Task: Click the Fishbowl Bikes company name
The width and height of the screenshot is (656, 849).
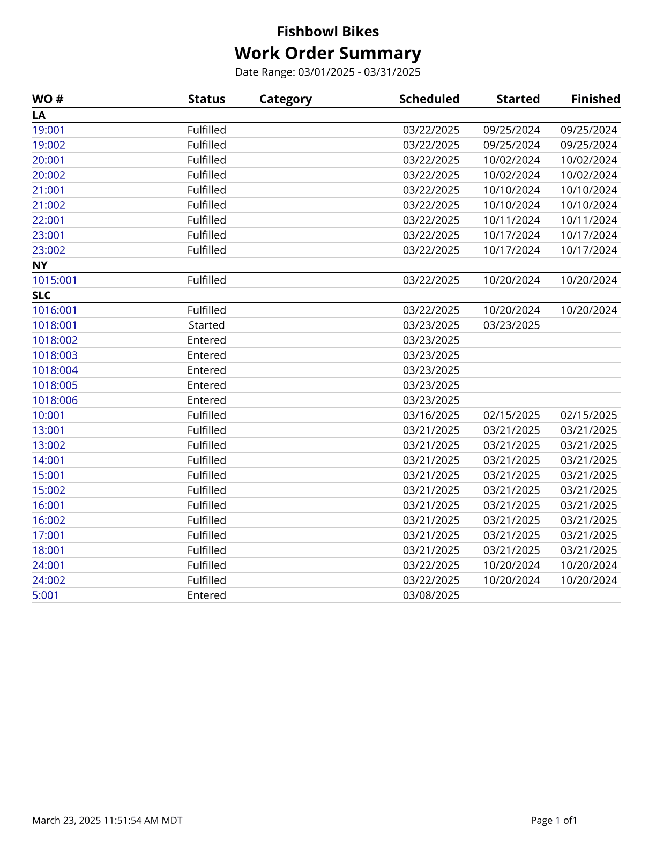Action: coord(327,32)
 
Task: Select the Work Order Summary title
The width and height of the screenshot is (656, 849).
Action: coord(327,53)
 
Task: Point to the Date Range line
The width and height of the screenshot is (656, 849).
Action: coord(327,72)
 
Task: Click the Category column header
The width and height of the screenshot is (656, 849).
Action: coord(285,99)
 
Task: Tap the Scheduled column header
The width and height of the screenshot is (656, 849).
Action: coord(429,99)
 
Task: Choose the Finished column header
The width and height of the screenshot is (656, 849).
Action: coord(595,99)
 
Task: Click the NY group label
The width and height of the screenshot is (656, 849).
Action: coord(40,265)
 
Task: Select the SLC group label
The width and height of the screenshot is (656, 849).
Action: coord(41,295)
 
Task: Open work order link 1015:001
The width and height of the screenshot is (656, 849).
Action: coord(55,280)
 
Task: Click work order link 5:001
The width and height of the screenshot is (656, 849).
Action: coord(46,595)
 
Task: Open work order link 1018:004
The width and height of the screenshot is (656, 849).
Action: coord(55,370)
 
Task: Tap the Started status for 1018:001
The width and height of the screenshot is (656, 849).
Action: coord(206,325)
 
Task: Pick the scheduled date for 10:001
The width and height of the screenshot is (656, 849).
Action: coord(431,415)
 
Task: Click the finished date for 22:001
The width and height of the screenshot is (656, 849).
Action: coord(588,220)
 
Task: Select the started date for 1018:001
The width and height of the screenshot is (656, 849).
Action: coord(511,325)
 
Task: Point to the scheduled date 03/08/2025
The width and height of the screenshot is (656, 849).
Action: coord(431,595)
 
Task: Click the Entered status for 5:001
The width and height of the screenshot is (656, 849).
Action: coord(206,595)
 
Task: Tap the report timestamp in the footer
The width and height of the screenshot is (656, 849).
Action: coord(107,821)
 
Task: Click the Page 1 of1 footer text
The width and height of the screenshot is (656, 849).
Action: coord(554,821)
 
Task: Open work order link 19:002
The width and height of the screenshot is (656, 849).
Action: coord(49,145)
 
